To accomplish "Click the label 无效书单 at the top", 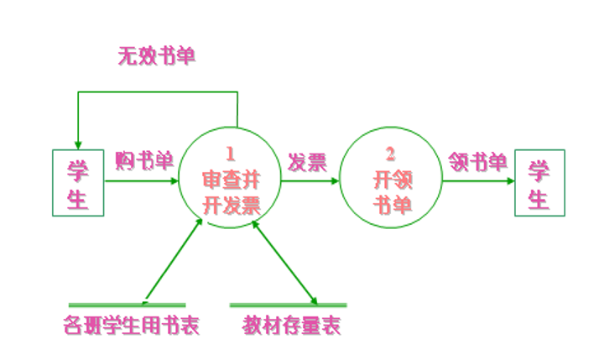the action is [157, 57].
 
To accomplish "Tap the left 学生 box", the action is [78, 183].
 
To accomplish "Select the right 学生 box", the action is [539, 183].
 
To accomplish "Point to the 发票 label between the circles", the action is [307, 162].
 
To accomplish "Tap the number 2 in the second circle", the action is [390, 154].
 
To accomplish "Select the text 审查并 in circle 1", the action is [231, 179].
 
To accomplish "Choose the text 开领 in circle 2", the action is [390, 179].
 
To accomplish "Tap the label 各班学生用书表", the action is [132, 326].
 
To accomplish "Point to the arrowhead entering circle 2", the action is [335, 180].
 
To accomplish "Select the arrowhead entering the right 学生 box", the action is [508, 180].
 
